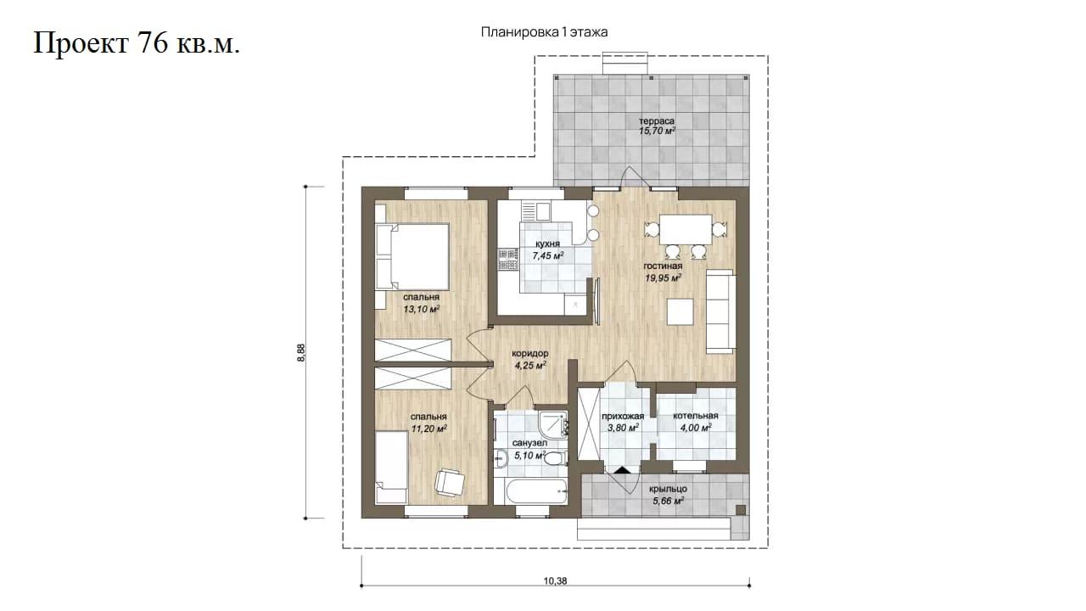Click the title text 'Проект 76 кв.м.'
tap(137, 43)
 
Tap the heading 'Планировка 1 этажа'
tap(544, 32)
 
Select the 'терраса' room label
tap(657, 121)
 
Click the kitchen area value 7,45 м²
tap(548, 255)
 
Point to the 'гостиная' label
tap(663, 266)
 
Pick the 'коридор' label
tap(530, 354)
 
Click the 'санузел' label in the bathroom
tap(530, 443)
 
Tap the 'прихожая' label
tap(623, 416)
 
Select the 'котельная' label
tap(696, 416)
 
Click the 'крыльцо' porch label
tap(668, 490)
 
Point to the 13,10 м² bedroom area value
tap(422, 309)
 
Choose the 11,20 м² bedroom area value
tap(429, 429)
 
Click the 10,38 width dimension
tap(555, 581)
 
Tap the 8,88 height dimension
tap(301, 352)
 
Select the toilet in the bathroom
tap(554, 458)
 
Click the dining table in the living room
tap(686, 230)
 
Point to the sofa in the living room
tap(720, 311)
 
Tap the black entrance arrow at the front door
tap(623, 469)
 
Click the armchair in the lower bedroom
tap(450, 483)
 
